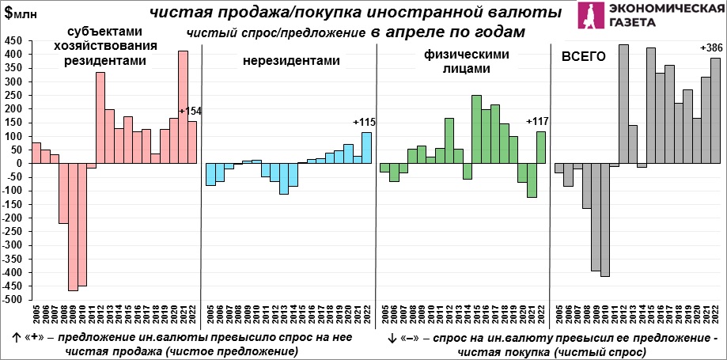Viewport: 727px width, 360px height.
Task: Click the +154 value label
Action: (191, 112)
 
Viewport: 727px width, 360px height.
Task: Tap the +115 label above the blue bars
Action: (364, 122)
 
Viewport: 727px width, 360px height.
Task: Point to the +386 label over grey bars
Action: (710, 48)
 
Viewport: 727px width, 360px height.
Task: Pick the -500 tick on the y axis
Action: (13, 301)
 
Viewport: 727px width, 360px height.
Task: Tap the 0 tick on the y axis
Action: (21, 164)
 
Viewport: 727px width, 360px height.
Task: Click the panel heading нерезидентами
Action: (280, 60)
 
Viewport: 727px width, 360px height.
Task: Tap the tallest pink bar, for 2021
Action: (183, 107)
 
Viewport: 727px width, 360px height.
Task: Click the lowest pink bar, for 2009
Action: (73, 227)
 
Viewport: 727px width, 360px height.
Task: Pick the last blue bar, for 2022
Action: (367, 147)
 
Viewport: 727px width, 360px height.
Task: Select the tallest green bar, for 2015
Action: (476, 129)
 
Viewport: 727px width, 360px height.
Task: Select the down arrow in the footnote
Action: (392, 338)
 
